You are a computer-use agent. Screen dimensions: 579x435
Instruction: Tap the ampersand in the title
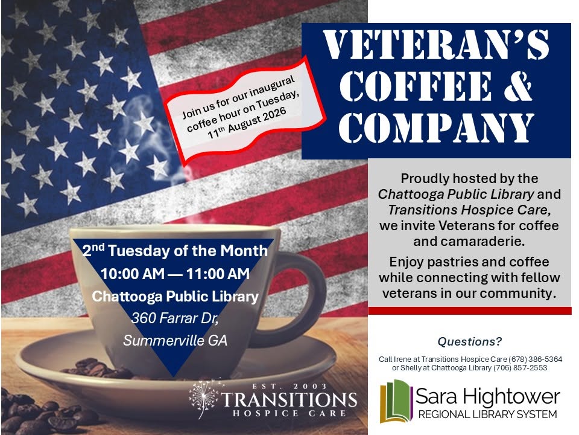[517, 86]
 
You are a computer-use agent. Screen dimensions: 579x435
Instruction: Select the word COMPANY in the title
[436, 127]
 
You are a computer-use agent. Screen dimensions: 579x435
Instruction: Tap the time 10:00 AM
[133, 274]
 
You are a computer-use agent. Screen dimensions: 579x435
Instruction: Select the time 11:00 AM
[218, 274]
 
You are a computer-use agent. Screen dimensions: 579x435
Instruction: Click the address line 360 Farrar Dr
[175, 318]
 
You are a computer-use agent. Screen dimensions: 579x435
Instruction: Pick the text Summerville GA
[175, 340]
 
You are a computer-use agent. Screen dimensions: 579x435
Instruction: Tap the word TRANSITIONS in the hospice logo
[289, 400]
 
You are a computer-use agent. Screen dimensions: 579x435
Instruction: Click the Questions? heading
[469, 341]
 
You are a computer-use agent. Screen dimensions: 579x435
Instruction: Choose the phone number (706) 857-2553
[520, 368]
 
